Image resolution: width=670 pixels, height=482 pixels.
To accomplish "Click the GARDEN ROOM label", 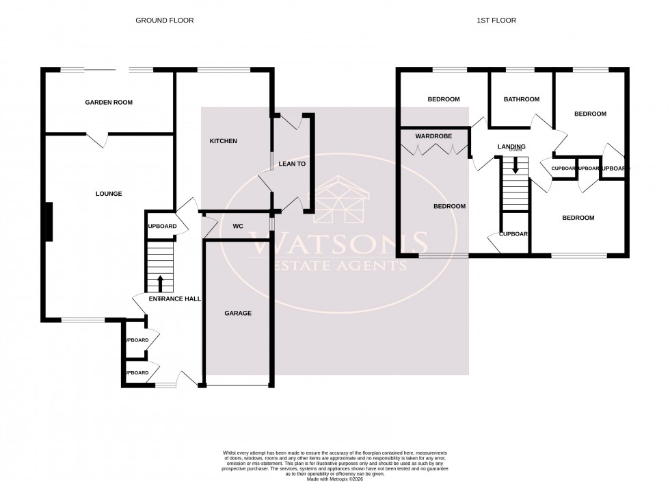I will coord(109,103).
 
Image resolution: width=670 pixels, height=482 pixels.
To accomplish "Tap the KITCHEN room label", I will coord(223,141).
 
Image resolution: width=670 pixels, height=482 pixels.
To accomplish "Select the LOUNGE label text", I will coord(109,194).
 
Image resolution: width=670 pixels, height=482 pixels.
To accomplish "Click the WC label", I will coord(239,226).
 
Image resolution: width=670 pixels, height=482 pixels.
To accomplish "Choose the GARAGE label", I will coord(238,314).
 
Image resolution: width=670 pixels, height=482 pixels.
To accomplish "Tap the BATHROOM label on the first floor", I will coord(521,99).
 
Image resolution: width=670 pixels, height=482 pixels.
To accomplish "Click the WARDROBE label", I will coord(434,136).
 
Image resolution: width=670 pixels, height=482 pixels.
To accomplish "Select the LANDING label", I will coord(511,147).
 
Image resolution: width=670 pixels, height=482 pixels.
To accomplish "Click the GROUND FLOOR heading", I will coord(164,21).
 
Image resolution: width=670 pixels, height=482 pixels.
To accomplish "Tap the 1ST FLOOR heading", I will coord(496,21).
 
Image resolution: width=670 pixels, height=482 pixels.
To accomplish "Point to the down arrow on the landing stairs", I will coord(515,165).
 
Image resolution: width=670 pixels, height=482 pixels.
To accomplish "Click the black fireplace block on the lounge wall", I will coord(48,222).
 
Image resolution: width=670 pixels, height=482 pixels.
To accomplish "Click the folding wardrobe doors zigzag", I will coord(435,149).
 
